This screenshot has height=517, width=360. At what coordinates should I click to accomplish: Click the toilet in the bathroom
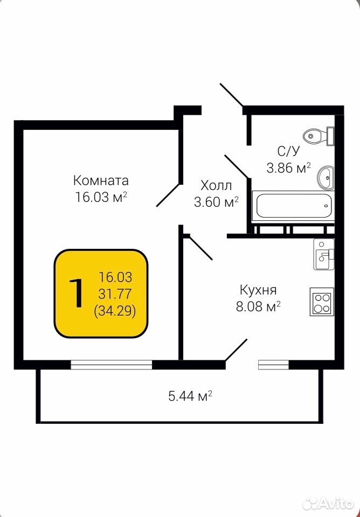(319, 136)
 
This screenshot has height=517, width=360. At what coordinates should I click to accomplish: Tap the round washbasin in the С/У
(326, 178)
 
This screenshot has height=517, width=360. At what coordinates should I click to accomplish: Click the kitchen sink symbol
(324, 254)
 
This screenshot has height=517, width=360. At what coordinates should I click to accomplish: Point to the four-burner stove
(322, 302)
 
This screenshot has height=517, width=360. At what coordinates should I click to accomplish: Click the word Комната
(101, 181)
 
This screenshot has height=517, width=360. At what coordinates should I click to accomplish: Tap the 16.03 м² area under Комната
(101, 197)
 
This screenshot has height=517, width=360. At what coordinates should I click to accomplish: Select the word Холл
(216, 186)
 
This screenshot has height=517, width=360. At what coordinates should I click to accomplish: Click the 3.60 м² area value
(216, 202)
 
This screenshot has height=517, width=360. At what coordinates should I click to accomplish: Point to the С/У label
(288, 151)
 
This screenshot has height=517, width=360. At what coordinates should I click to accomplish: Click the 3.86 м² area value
(289, 168)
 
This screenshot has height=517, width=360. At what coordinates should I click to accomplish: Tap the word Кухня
(258, 290)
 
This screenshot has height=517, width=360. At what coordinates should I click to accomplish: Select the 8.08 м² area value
(258, 306)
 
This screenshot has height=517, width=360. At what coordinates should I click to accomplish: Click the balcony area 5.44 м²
(190, 396)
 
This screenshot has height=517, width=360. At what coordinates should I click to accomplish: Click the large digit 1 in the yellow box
(77, 293)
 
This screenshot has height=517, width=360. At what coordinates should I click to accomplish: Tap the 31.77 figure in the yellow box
(115, 294)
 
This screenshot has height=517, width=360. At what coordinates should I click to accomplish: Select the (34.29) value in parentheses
(115, 311)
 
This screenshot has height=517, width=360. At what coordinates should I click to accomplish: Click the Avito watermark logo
(328, 504)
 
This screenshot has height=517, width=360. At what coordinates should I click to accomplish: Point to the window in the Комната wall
(112, 365)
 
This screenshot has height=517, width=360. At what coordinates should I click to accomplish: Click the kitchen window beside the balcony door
(274, 365)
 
